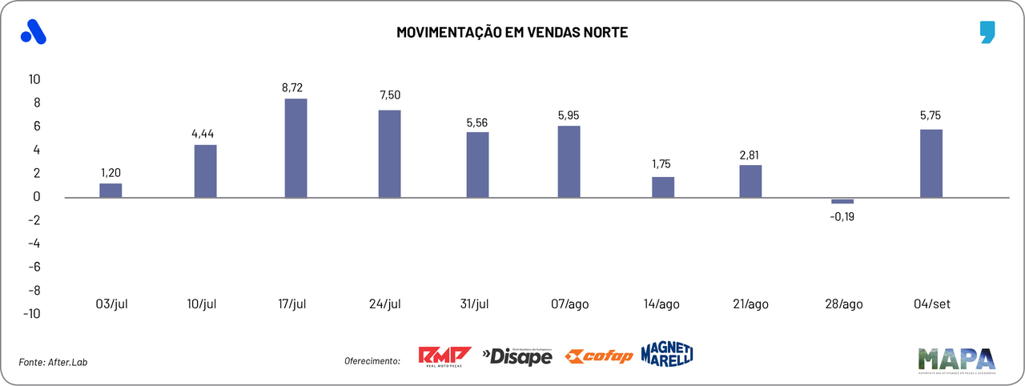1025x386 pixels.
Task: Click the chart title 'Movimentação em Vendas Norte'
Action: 512,33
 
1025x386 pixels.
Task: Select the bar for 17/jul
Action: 295,147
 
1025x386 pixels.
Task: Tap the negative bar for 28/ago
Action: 842,200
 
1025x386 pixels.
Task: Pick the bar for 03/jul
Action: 111,190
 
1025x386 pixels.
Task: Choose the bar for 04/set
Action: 931,163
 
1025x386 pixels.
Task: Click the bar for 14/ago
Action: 663,187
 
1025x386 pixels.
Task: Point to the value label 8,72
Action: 292,87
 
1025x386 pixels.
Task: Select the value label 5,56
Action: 476,123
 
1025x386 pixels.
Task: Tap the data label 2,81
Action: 750,153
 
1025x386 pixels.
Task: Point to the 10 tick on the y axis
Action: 34,79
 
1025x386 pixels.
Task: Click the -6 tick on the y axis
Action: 34,267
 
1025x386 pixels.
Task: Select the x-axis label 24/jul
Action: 385,304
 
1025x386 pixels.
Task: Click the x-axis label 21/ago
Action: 750,304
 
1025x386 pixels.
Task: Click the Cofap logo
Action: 598,356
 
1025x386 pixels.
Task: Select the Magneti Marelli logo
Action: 666,353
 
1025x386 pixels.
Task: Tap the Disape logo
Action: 517,356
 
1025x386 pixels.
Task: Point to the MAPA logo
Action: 956,360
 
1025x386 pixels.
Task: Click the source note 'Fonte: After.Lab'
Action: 53,362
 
